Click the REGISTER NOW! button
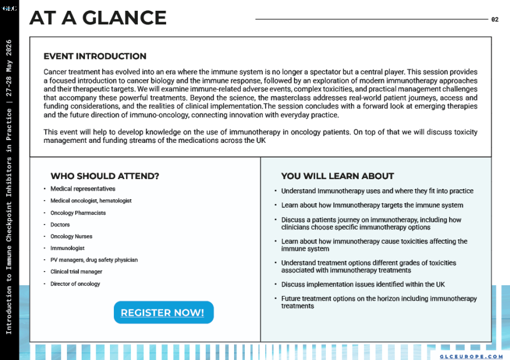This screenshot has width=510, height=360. pyautogui.click(x=163, y=312)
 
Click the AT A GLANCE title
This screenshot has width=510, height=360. pyautogui.click(x=97, y=18)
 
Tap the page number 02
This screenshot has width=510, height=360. pyautogui.click(x=495, y=19)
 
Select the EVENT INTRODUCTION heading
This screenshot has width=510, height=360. pyautogui.click(x=95, y=56)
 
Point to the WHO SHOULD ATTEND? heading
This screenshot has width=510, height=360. pyautogui.click(x=105, y=176)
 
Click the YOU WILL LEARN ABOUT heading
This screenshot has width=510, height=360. pyautogui.click(x=337, y=176)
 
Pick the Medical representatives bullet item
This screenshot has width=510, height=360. pyautogui.click(x=83, y=189)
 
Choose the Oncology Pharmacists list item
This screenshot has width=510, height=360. pyautogui.click(x=78, y=213)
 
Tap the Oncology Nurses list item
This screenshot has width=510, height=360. pyautogui.click(x=71, y=236)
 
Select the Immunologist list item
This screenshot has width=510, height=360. pyautogui.click(x=67, y=248)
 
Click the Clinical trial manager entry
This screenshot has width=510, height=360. pyautogui.click(x=76, y=272)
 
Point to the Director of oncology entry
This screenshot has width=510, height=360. pyautogui.click(x=75, y=284)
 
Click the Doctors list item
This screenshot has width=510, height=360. pyautogui.click(x=60, y=225)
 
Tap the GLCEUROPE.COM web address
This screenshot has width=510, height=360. pyautogui.click(x=471, y=357)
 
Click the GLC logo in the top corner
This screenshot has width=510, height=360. pyautogui.click(x=9, y=9)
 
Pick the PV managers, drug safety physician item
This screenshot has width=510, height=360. pyautogui.click(x=94, y=260)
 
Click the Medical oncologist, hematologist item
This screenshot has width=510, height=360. pyautogui.click(x=91, y=201)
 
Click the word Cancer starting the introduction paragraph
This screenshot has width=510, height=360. pyautogui.click(x=54, y=72)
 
